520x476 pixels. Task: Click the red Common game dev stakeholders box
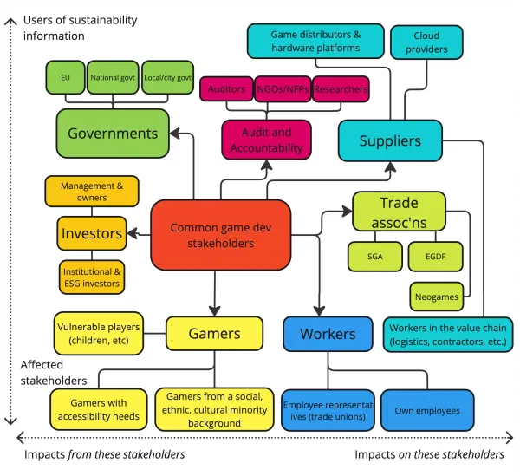pyautogui.click(x=213, y=235)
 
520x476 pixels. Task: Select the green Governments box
pyautogui.click(x=113, y=134)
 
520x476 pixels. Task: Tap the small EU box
pyautogui.click(x=65, y=77)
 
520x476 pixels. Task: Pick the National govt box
pyautogui.click(x=113, y=77)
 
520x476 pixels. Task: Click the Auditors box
pyautogui.click(x=227, y=89)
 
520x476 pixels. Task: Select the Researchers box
pyautogui.click(x=340, y=89)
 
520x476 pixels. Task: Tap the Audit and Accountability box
pyautogui.click(x=267, y=140)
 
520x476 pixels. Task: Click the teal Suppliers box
pyautogui.click(x=390, y=140)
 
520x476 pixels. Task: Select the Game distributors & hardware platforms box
pyautogui.click(x=315, y=42)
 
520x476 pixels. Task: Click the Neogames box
pyautogui.click(x=436, y=296)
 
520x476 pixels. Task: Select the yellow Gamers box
pyautogui.click(x=215, y=334)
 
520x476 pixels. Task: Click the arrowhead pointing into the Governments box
pyautogui.click(x=172, y=134)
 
